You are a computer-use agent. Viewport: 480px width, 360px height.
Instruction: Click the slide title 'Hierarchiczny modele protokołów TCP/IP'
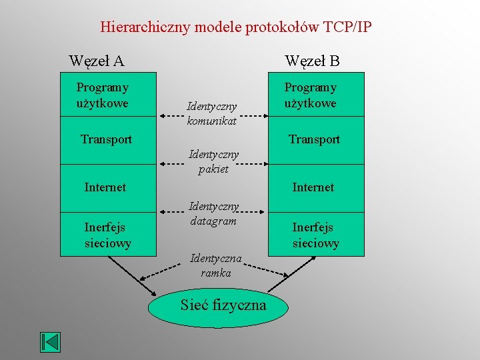[x=236, y=27]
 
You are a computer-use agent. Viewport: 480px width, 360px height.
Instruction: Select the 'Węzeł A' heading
[x=97, y=61]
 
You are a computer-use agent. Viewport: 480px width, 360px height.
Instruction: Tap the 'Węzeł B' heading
[x=312, y=61]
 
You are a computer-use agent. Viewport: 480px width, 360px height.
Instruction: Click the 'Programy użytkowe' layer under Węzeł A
[x=103, y=95]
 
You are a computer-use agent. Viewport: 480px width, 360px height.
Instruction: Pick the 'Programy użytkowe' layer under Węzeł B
[x=311, y=95]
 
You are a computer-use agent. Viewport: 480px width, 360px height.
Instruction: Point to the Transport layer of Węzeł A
[x=106, y=139]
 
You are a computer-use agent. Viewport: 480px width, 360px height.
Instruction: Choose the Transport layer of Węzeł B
[x=314, y=139]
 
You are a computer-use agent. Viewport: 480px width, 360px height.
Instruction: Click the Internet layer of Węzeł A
[x=105, y=187]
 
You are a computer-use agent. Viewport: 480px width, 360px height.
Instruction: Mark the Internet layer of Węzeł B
[x=313, y=187]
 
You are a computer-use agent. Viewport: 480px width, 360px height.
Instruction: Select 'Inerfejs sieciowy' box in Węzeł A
[x=108, y=235]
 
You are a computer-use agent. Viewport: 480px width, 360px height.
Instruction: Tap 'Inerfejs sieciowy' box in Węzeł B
[x=316, y=235]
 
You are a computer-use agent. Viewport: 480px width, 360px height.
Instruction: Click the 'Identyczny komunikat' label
[x=212, y=113]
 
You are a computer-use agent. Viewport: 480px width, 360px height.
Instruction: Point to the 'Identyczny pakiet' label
[x=213, y=162]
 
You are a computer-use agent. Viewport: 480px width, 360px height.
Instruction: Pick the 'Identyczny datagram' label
[x=213, y=213]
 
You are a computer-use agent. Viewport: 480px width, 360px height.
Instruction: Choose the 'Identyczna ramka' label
[x=216, y=265]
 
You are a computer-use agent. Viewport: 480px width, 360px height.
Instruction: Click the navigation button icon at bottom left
[x=50, y=342]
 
